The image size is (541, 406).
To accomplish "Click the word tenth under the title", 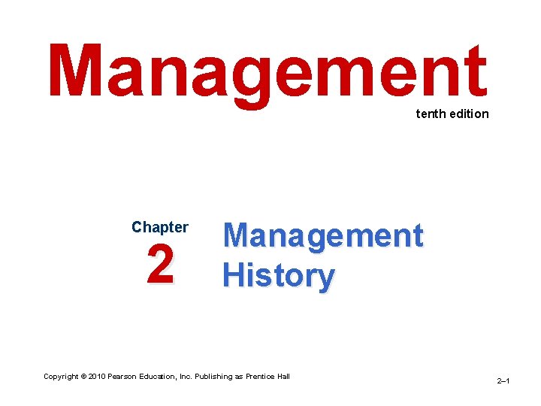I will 428,114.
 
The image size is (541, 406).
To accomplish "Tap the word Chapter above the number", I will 160,227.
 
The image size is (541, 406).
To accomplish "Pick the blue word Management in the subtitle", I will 323,236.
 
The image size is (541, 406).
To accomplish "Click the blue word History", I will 278,276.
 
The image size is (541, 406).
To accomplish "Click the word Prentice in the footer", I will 259,376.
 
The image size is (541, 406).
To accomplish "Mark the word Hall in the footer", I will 283,376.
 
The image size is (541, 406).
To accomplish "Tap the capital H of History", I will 233,276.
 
